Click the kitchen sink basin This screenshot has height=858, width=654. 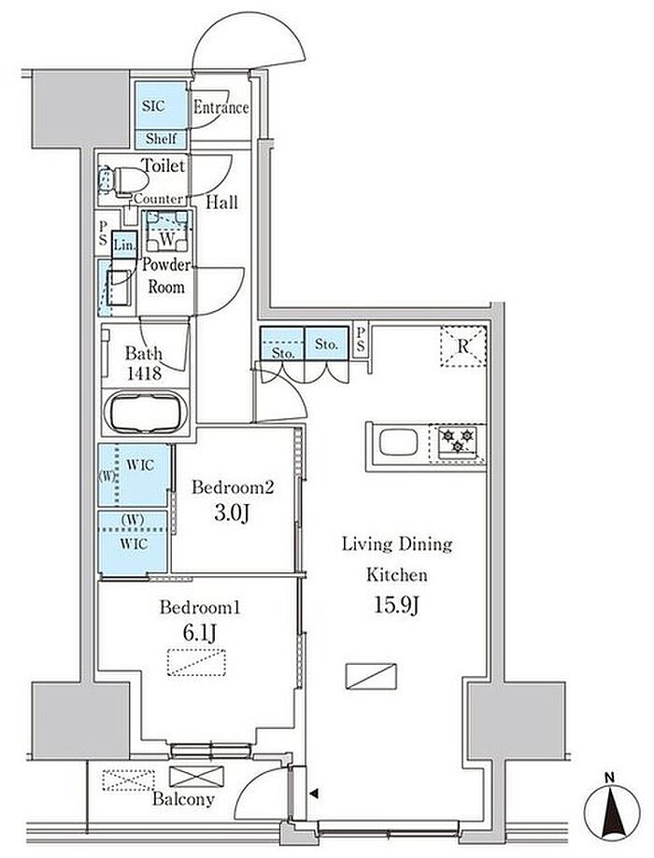pyautogui.click(x=398, y=443)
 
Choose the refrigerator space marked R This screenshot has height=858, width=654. pyautogui.click(x=463, y=345)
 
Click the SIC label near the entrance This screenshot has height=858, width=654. pyautogui.click(x=153, y=105)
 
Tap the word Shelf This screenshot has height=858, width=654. pyautogui.click(x=161, y=138)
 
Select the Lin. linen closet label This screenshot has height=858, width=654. pyautogui.click(x=125, y=246)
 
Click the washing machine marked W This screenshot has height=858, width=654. pyautogui.click(x=167, y=231)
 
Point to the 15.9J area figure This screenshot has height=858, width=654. pyautogui.click(x=396, y=605)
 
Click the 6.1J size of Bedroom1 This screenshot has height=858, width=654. pyautogui.click(x=199, y=634)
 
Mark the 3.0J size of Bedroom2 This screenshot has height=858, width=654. pyautogui.click(x=233, y=513)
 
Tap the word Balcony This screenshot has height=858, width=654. pyautogui.click(x=183, y=799)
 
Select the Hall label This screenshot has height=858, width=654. pyautogui.click(x=221, y=203)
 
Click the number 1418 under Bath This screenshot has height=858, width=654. pyautogui.click(x=144, y=373)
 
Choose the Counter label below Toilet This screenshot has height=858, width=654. pyautogui.click(x=159, y=199)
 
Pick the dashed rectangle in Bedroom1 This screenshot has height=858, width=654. pyautogui.click(x=196, y=663)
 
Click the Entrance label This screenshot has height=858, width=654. pyautogui.click(x=221, y=107)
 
